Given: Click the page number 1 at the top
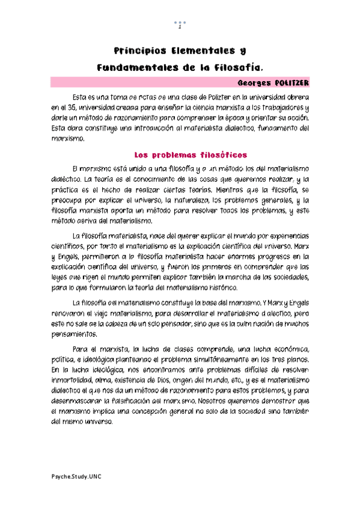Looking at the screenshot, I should pos(180,28).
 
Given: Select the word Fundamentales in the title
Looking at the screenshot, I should pos(135,67).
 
